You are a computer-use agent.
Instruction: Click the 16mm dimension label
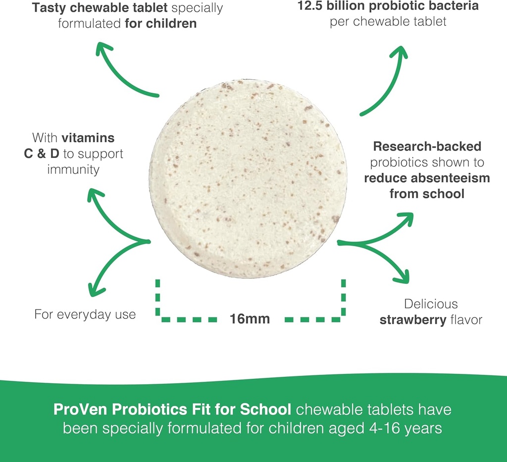tap(250, 318)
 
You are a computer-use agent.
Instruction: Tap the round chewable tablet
tap(248, 178)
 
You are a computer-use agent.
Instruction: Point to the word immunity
tap(73, 169)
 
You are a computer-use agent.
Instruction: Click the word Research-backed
tap(427, 147)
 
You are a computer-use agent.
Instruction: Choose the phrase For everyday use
tap(85, 314)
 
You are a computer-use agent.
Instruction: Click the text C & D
tap(42, 154)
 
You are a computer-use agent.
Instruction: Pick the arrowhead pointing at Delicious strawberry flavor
tap(404, 275)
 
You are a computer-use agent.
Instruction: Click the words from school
tap(427, 194)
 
